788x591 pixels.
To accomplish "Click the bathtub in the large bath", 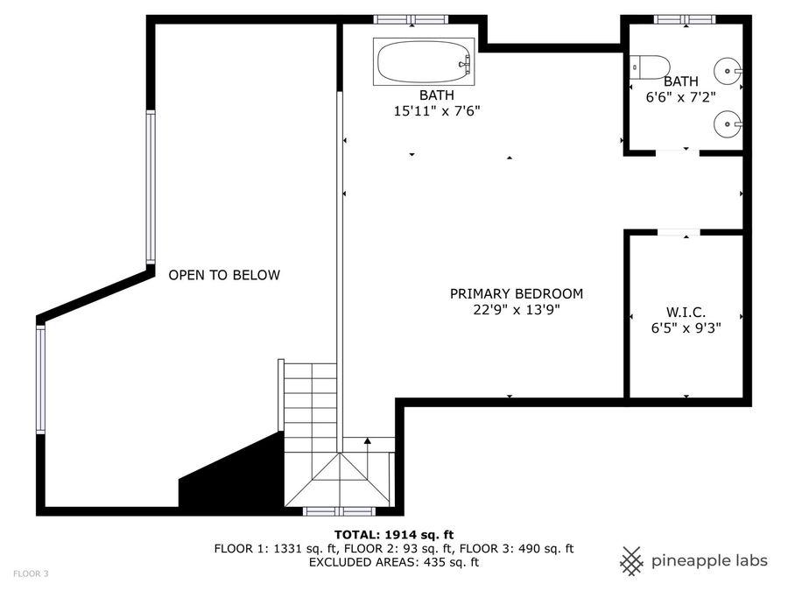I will pos(424,62).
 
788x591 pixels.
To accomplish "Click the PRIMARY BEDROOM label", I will pos(516,294).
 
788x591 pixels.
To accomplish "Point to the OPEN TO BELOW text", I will pos(224,275).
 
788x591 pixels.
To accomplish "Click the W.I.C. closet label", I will pos(686,312).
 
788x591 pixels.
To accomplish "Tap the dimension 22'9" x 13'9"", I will pos(516,310).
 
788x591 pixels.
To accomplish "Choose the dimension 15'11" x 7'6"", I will pos(437,110).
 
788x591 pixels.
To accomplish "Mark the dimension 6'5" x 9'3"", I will pos(686,327).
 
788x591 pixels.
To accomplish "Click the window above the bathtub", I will pos(411,19).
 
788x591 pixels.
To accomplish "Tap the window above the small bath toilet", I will pos(684,19).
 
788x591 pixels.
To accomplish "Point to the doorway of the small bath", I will pos(678,152).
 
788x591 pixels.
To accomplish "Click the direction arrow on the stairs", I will pos(368,444).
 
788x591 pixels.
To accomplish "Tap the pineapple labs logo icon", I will pos(632,560).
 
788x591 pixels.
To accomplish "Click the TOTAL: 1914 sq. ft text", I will pos(394,534).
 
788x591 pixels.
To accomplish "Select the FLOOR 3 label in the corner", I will pos(30,573).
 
